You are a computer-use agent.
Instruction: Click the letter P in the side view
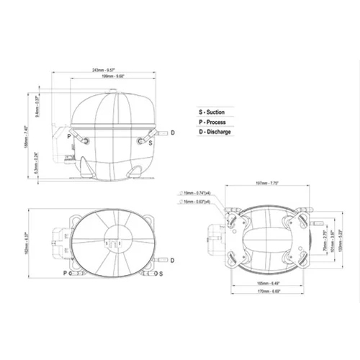[68, 135]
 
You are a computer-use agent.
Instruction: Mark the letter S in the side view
[150, 143]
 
